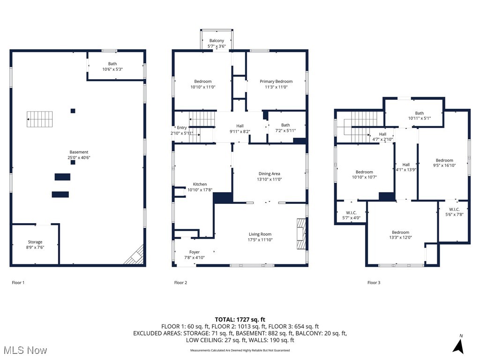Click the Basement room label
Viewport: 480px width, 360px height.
click(79, 152)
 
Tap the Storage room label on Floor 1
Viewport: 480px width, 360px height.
click(35, 242)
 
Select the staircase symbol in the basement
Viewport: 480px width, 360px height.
click(39, 119)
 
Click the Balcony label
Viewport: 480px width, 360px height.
click(217, 41)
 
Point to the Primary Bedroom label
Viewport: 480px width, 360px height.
click(276, 81)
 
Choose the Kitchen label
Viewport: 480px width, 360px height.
click(200, 184)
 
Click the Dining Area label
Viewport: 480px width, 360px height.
click(269, 173)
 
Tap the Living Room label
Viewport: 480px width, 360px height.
click(260, 234)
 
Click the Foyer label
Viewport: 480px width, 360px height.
click(194, 252)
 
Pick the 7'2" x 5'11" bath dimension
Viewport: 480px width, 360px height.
click(285, 131)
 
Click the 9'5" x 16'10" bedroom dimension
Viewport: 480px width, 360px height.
click(444, 165)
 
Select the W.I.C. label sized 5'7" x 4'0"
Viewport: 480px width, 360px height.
click(351, 212)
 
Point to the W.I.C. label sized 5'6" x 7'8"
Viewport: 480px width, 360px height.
click(454, 209)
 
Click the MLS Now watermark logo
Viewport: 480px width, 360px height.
click(25, 350)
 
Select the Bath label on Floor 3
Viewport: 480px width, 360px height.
click(419, 113)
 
